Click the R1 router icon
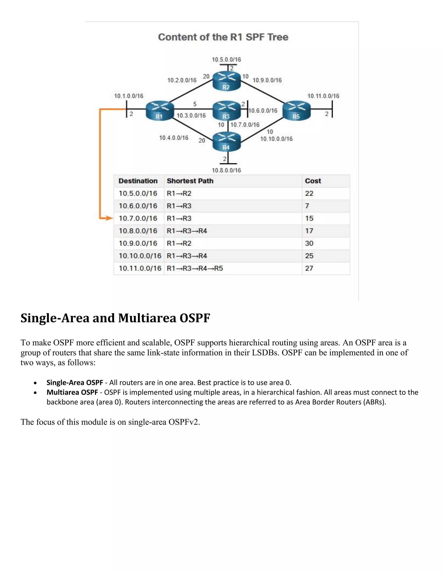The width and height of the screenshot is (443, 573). pos(160,110)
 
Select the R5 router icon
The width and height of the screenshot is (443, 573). pos(296,110)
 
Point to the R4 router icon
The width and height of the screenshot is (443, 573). pos(226,142)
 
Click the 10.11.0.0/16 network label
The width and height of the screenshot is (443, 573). pos(323,96)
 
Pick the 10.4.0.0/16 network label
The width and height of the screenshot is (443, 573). pos(174,138)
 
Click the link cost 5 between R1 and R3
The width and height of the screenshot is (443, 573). pos(195,104)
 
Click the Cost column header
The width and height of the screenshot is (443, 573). pos(313,181)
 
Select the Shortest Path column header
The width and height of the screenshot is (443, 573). pos(190,181)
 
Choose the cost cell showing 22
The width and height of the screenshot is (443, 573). pos(309,193)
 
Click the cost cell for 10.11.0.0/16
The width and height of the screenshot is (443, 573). pos(309,268)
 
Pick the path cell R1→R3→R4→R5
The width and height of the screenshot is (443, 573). pos(195,268)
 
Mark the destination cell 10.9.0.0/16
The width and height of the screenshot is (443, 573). pos(138,243)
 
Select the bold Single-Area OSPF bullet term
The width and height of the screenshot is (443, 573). pos(75,383)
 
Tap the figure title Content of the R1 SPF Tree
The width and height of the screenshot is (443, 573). pos(223,37)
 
